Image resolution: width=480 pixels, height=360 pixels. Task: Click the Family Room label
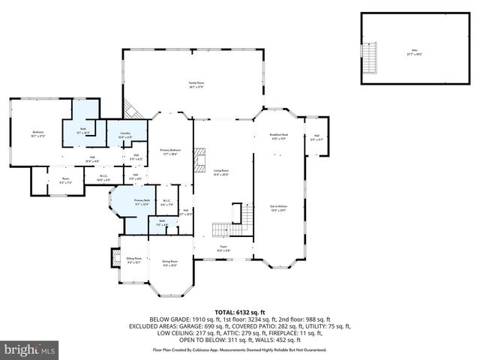coord(196,85)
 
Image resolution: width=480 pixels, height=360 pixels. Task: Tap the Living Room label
coord(220,172)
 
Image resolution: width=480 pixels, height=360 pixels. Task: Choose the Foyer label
coord(223,248)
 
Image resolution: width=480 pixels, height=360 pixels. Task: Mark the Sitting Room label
coord(133,260)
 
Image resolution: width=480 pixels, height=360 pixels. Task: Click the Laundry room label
coord(126,135)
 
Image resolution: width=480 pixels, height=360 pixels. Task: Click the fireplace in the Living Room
coord(199,160)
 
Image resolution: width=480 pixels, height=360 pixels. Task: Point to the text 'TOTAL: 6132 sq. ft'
coord(240,311)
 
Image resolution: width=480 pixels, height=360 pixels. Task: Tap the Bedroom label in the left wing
coord(39,135)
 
